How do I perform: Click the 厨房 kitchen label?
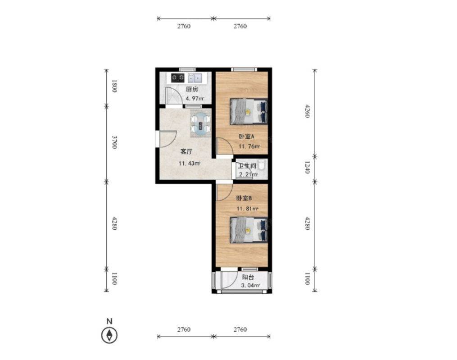[x=192, y=89]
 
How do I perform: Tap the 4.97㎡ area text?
[x=195, y=99]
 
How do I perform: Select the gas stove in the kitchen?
[x=177, y=77]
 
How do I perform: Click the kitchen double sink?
[x=195, y=77]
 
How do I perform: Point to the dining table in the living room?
[x=200, y=124]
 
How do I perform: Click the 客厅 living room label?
[x=186, y=152]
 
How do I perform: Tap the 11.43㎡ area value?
[x=190, y=164]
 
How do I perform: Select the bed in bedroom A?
[x=249, y=111]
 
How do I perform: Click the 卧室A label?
[x=247, y=136]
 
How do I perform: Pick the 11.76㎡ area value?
[x=249, y=146]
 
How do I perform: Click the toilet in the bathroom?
[x=261, y=164]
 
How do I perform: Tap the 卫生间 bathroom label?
[x=247, y=166]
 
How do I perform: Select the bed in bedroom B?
[x=249, y=230]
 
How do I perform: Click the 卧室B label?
[x=244, y=198]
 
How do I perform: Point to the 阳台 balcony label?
[x=248, y=278]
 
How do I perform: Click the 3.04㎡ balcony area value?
[x=250, y=286]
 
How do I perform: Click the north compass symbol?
[x=109, y=335]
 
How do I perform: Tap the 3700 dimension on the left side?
[x=114, y=142]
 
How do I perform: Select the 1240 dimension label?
[x=307, y=167]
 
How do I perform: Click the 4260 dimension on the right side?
[x=307, y=111]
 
